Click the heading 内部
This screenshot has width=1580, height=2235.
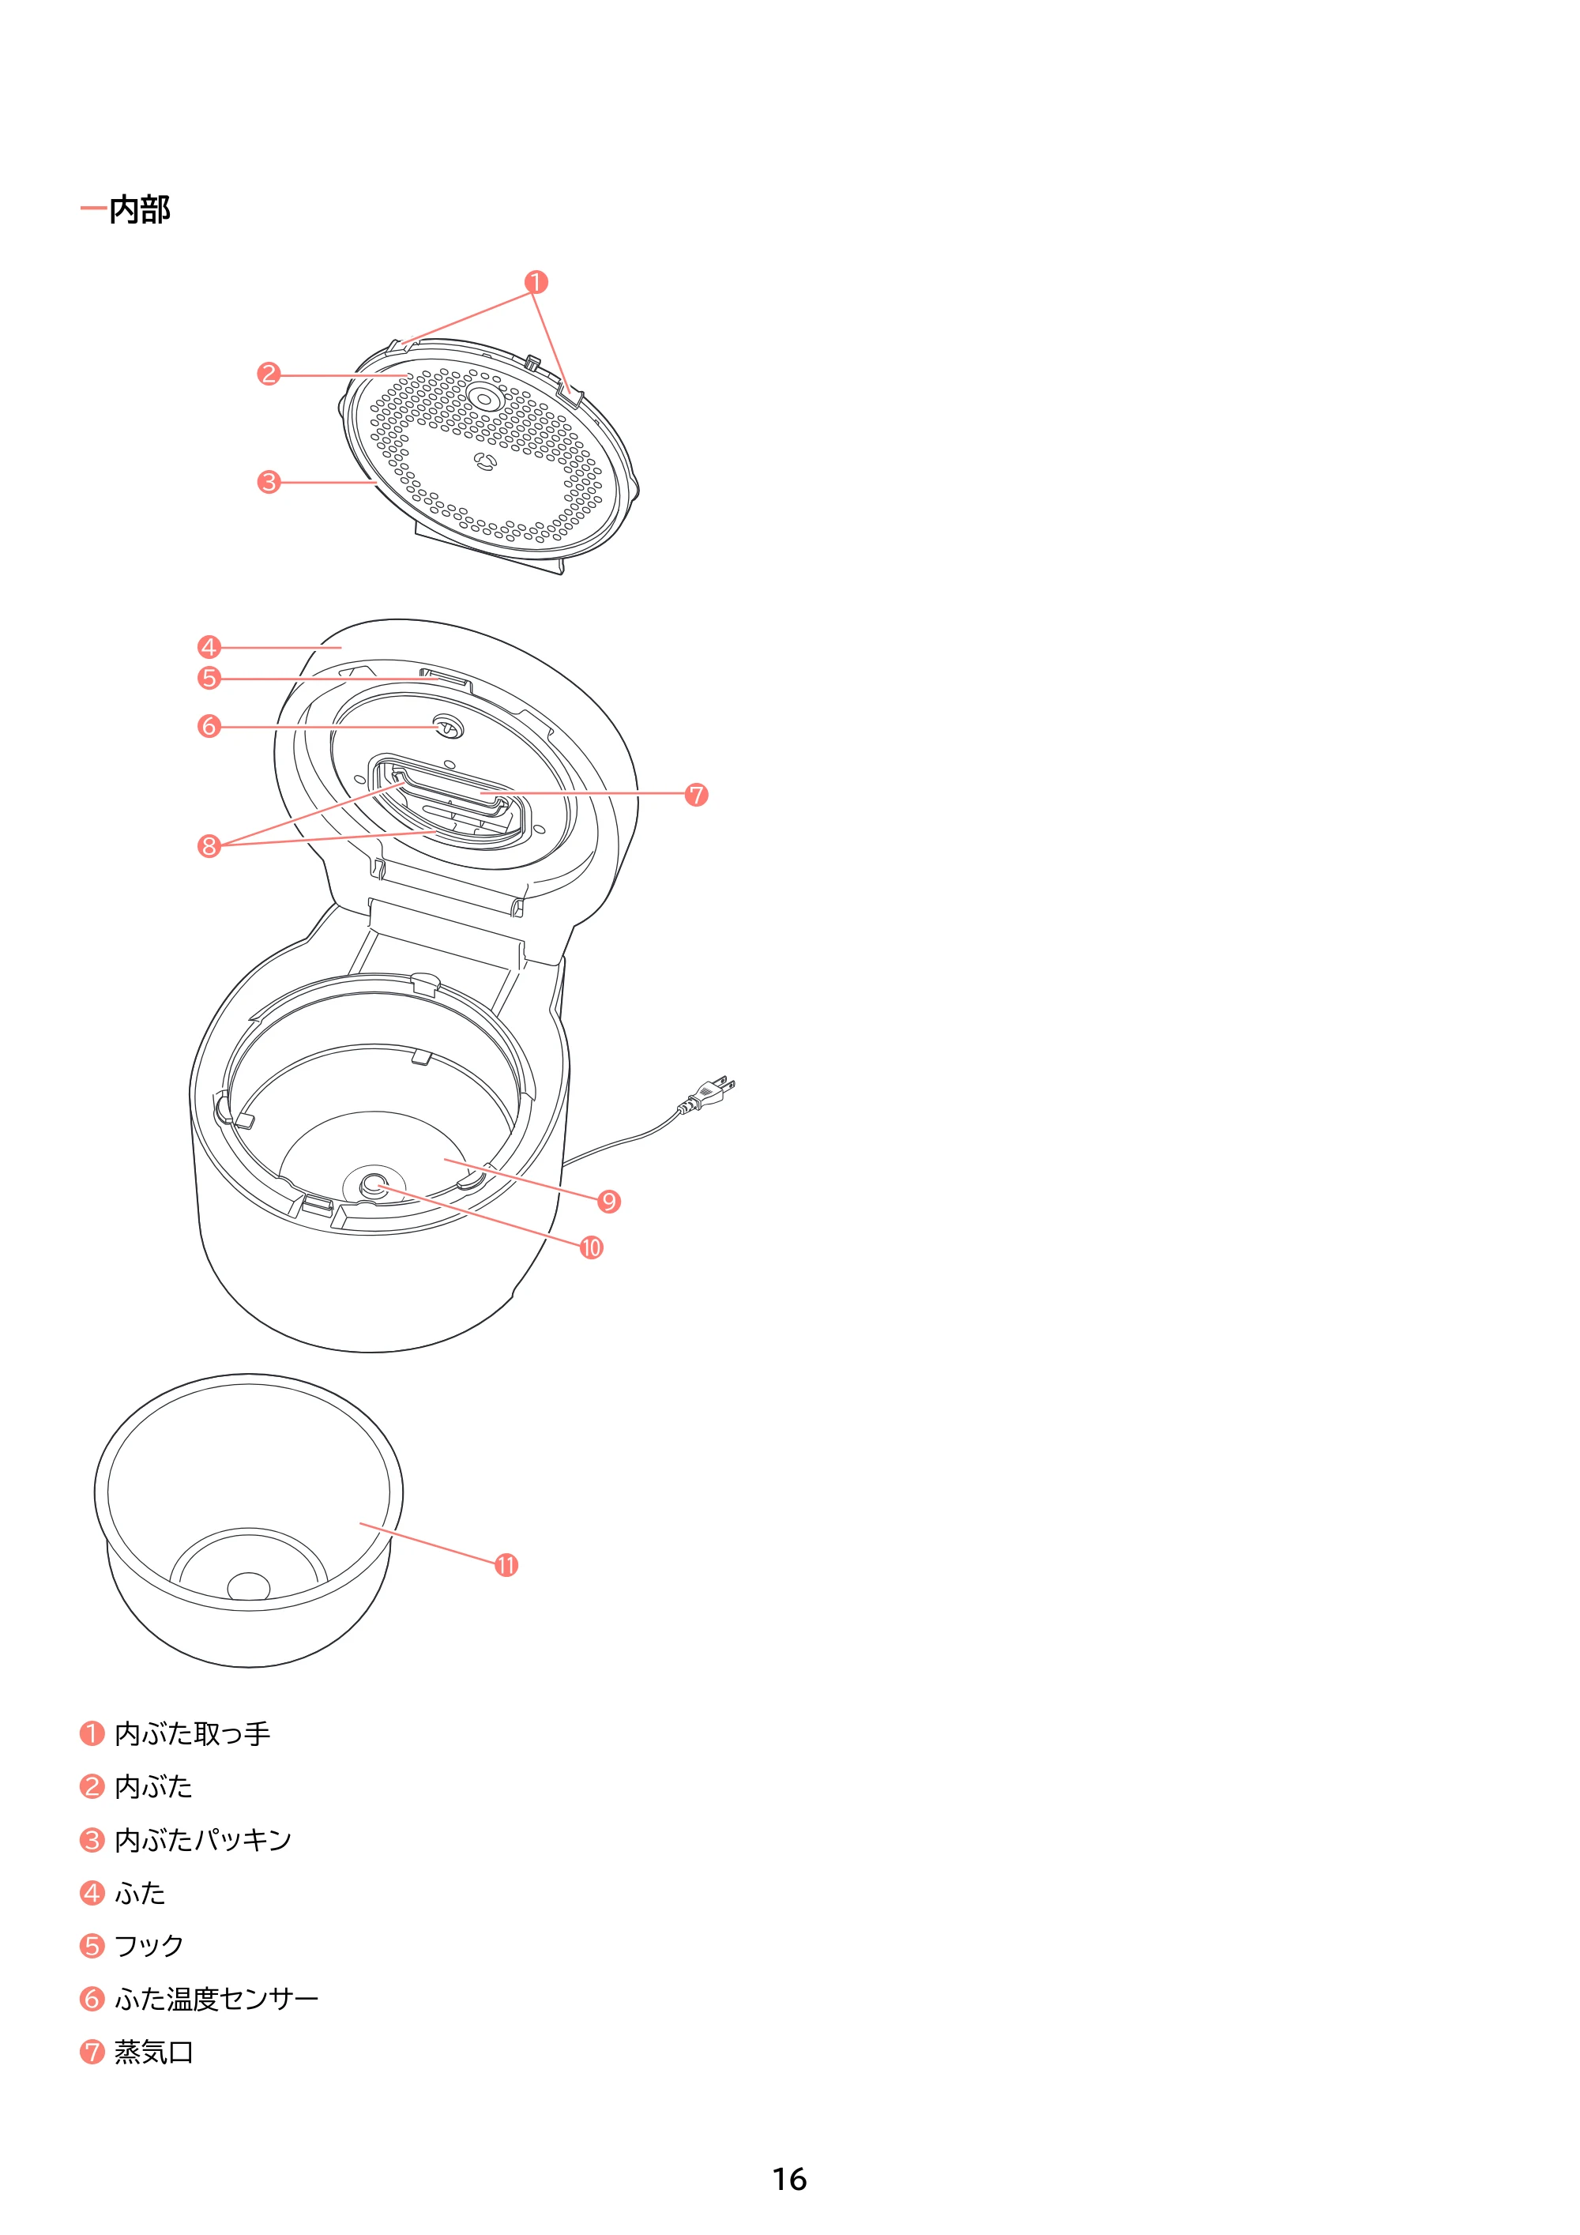[139, 209]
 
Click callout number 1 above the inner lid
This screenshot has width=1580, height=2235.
[536, 282]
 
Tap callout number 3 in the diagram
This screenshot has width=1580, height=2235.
[269, 482]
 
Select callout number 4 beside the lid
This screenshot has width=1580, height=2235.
[209, 647]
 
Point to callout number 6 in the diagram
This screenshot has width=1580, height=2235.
[209, 726]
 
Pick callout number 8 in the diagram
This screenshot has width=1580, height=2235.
[209, 846]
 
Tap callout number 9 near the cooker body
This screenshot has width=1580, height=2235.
[609, 1201]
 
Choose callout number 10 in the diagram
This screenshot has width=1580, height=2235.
[592, 1248]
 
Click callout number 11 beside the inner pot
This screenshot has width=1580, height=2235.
[506, 1565]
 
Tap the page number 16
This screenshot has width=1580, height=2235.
[789, 2179]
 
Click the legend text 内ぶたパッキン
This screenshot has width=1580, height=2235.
[204, 1840]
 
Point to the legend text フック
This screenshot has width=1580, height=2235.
[150, 1946]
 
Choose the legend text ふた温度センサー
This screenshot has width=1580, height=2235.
[217, 2000]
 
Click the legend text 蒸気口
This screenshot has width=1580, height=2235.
[154, 2052]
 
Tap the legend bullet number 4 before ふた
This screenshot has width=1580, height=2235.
[92, 1894]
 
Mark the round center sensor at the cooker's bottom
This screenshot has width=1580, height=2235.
[374, 1185]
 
